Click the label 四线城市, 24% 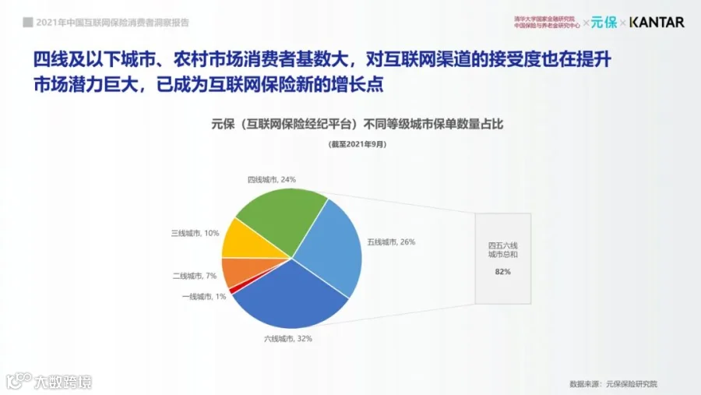click(272, 179)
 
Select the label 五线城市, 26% click(391, 242)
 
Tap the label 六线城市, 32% click(288, 339)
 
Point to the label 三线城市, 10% click(195, 233)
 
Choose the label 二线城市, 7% click(195, 276)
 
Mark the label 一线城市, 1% click(204, 297)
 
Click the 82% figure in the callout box click(502, 272)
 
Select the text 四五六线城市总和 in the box click(503, 250)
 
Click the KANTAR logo click(657, 22)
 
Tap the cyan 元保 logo click(604, 22)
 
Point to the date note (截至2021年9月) click(358, 144)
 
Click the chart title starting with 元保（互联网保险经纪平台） click(358, 124)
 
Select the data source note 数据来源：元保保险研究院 click(614, 384)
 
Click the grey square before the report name click(28, 23)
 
